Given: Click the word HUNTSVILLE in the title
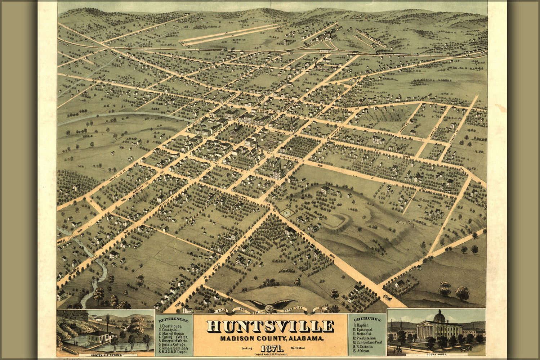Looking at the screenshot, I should point(270,326).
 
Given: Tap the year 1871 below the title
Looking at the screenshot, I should point(271,348).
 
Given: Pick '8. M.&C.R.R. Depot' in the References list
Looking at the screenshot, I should point(174,352).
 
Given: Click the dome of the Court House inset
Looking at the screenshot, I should point(439,316).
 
